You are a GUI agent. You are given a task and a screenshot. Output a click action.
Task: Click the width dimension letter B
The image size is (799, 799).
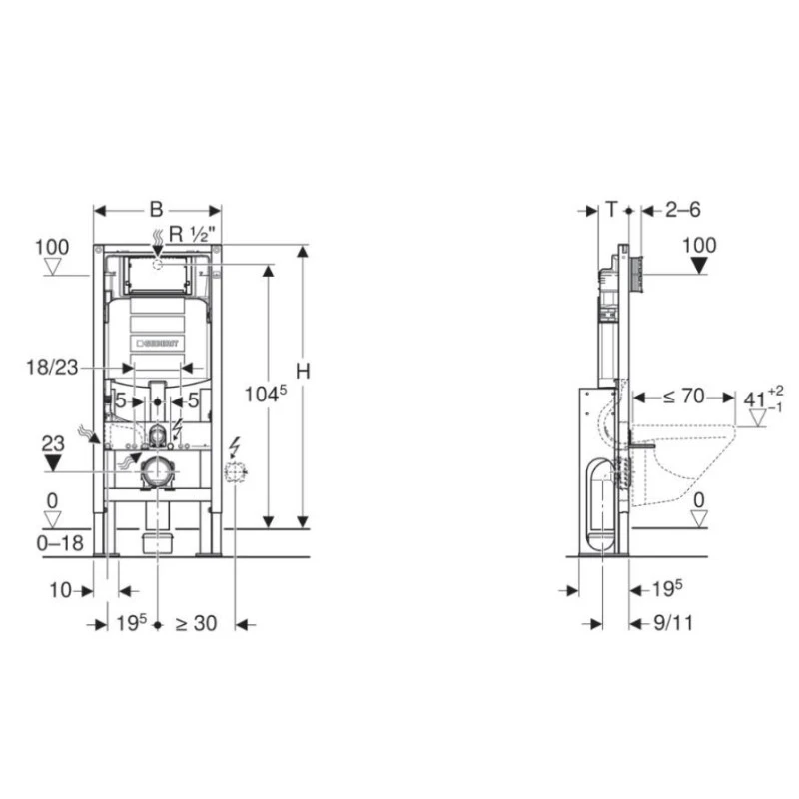click(156, 209)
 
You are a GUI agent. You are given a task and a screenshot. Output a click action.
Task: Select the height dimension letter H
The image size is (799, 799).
click(303, 371)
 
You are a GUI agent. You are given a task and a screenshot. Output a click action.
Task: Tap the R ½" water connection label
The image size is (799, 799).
click(192, 234)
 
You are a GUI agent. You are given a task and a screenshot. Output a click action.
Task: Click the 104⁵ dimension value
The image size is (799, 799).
click(266, 394)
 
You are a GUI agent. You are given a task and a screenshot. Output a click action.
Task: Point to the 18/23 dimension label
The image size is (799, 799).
click(52, 367)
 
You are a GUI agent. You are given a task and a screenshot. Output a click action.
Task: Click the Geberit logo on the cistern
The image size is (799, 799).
click(158, 344)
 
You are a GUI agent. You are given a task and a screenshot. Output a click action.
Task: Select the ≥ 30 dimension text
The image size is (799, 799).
click(196, 623)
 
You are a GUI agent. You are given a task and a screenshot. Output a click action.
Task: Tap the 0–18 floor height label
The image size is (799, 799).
click(60, 543)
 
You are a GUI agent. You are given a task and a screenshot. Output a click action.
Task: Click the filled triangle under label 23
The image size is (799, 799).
click(53, 463)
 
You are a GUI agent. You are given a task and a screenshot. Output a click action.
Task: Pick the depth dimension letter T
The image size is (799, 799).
click(612, 209)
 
